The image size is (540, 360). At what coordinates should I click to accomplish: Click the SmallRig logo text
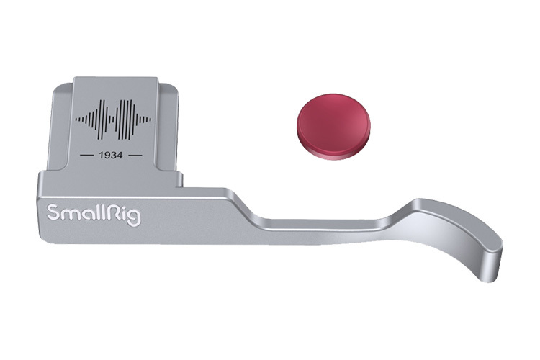coord(94,215)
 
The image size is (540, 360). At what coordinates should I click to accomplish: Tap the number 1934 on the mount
coord(111,156)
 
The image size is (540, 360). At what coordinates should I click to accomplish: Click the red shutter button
coord(333,127)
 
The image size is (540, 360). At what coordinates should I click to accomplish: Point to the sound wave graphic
coord(113,120)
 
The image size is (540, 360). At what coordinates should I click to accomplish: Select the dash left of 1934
coord(87,156)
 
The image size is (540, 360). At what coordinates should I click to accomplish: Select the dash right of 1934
coord(135,156)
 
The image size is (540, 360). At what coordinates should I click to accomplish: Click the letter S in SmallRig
coord(53,212)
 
